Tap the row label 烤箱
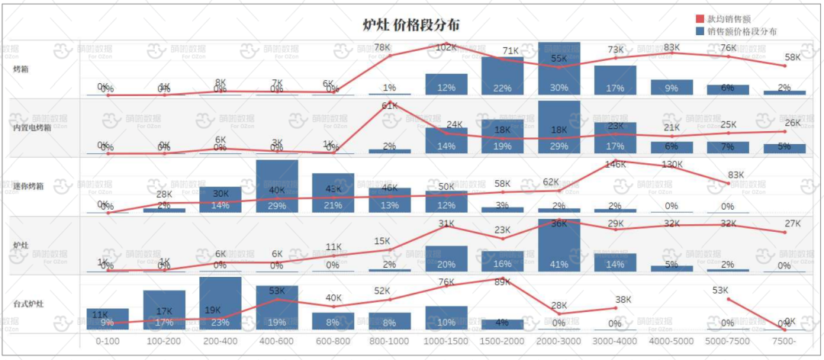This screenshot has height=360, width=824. tap(21, 69)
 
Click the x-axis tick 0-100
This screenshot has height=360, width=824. tap(107, 342)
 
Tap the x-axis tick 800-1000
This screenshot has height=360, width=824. tap(389, 342)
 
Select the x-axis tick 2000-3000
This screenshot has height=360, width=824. tap(558, 342)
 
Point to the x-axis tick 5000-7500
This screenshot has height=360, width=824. tap(728, 342)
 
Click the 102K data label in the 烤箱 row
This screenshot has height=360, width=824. tap(446, 47)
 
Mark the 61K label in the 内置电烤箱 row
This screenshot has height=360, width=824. tap(390, 106)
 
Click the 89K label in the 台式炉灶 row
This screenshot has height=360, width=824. tap(502, 282)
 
